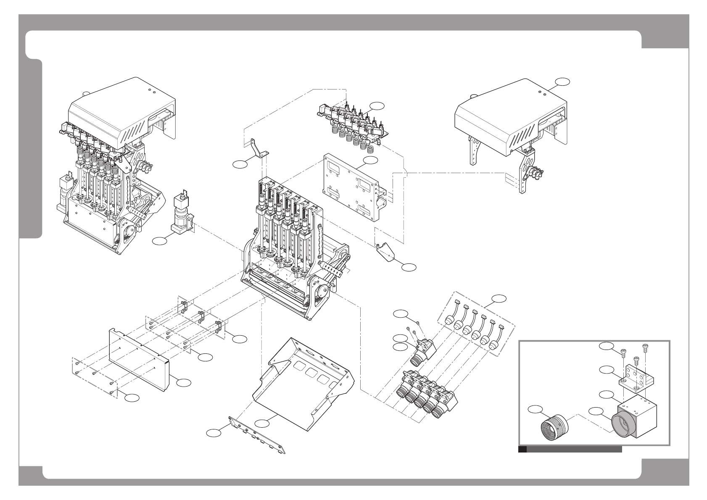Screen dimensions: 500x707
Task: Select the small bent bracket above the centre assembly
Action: click(256, 149)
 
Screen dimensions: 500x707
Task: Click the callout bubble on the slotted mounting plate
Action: click(371, 161)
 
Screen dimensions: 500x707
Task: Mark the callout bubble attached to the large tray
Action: click(264, 424)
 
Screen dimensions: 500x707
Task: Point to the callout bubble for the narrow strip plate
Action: click(214, 432)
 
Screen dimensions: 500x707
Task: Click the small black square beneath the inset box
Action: click(522, 449)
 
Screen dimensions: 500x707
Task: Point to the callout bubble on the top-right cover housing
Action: click(562, 82)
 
